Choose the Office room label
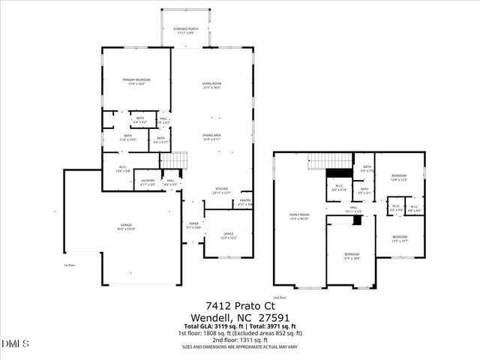229,235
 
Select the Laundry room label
148,181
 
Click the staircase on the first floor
174,160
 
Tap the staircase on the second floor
329,160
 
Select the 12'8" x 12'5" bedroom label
399,177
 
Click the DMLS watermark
15,343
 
